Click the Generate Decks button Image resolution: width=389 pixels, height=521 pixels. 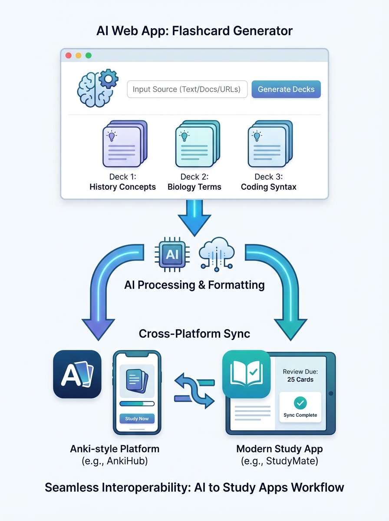tap(286, 89)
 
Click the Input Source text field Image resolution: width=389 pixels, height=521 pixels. tap(187, 89)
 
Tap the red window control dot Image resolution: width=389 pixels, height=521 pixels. tap(68, 56)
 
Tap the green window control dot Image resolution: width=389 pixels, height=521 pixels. tap(89, 56)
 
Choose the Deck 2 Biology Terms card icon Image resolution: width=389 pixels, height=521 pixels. tap(197, 144)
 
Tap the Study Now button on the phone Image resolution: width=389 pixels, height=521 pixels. tap(137, 419)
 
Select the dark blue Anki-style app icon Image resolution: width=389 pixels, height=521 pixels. tap(77, 374)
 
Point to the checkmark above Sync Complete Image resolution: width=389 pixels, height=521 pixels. tap(300, 403)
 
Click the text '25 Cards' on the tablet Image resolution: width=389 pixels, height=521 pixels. tap(300, 379)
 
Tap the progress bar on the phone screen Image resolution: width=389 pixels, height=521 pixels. tap(137, 403)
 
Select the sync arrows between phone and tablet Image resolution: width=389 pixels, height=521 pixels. tap(195, 390)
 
